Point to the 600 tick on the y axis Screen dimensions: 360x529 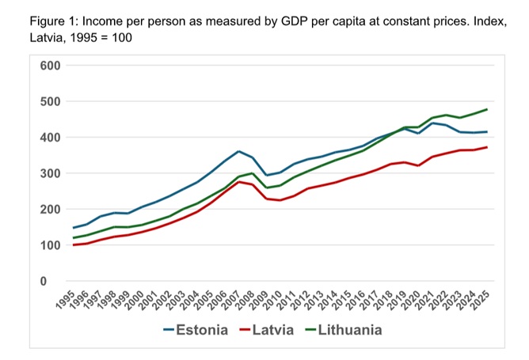coord(50,65)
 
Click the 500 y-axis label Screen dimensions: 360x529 coord(50,101)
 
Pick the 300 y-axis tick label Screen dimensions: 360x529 coord(50,173)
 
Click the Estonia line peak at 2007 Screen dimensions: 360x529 coord(238,151)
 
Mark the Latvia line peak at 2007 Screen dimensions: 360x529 coord(238,182)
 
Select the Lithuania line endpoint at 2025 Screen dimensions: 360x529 coord(485,109)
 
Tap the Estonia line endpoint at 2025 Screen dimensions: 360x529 coord(485,131)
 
